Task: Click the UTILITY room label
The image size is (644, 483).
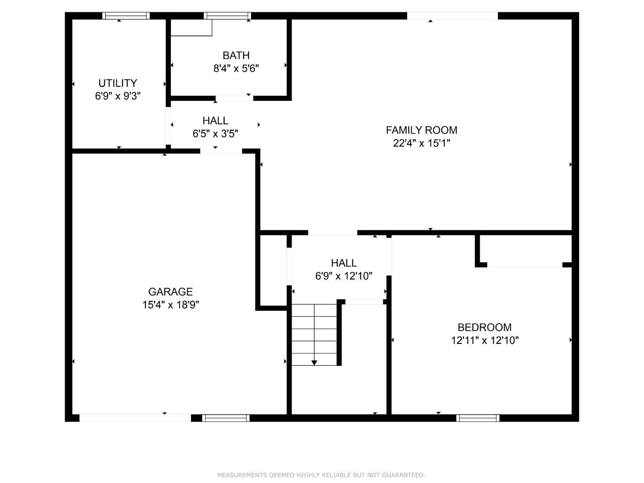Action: [118, 83]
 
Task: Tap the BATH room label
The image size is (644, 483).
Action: [236, 55]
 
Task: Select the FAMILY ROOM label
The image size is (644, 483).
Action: [421, 130]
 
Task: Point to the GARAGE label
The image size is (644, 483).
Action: [170, 292]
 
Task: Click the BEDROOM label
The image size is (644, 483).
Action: [484, 327]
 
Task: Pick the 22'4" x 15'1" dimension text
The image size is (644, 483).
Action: [421, 143]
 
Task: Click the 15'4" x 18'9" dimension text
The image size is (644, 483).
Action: [170, 305]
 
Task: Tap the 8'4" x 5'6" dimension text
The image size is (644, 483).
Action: [236, 69]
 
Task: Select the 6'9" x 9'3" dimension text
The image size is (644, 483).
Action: [118, 96]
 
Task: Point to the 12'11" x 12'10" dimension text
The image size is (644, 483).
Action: [485, 340]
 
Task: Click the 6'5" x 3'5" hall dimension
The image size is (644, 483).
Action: [215, 134]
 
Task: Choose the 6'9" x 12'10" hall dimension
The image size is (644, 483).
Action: [343, 276]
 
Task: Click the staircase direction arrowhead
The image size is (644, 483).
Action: [314, 363]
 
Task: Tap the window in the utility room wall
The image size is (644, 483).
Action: [126, 16]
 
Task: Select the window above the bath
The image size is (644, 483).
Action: [228, 16]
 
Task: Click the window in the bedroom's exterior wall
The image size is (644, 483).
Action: [478, 418]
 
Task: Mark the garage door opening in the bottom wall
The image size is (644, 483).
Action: [135, 418]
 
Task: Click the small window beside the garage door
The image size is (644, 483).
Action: [226, 418]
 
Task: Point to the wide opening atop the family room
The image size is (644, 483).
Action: [452, 16]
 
